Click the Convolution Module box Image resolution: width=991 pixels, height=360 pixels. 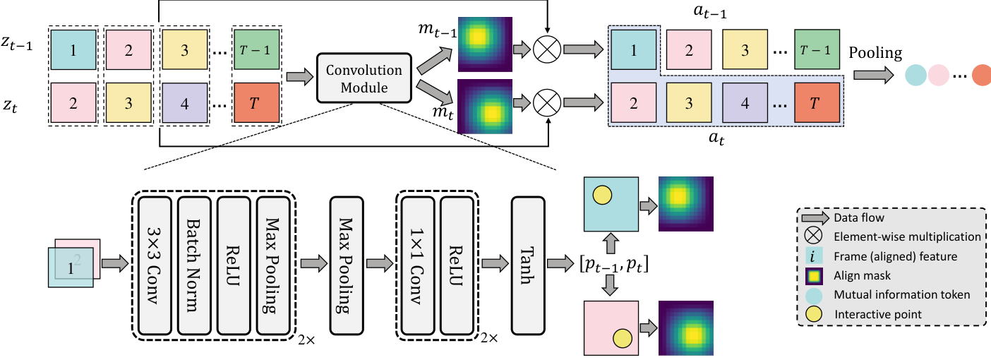click(364, 78)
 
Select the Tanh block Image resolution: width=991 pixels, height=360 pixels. click(527, 265)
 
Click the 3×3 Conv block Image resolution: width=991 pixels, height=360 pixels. click(155, 265)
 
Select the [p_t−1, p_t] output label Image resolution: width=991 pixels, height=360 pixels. click(611, 265)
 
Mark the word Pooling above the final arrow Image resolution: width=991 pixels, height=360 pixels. click(875, 53)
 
